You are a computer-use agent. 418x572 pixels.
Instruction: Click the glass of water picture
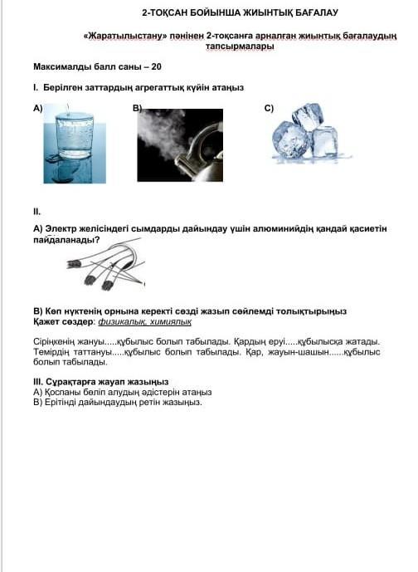click(x=75, y=144)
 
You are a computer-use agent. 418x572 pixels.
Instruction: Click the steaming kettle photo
click(x=180, y=144)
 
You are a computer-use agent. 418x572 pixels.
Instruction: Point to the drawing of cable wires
click(x=105, y=265)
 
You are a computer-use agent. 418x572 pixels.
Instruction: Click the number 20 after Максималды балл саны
click(x=157, y=66)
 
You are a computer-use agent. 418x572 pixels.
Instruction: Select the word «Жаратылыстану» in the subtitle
click(x=125, y=37)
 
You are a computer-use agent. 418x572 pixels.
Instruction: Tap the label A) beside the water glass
click(x=38, y=109)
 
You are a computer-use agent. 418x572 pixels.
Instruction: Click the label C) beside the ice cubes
click(x=269, y=109)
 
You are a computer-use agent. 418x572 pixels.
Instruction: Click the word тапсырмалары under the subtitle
click(x=240, y=46)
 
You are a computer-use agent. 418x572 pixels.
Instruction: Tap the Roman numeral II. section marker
click(x=36, y=212)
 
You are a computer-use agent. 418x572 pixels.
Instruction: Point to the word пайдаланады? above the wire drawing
click(x=66, y=240)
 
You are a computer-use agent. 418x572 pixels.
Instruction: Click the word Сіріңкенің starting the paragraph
click(x=54, y=342)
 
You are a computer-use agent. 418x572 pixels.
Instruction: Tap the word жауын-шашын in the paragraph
click(x=298, y=352)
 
